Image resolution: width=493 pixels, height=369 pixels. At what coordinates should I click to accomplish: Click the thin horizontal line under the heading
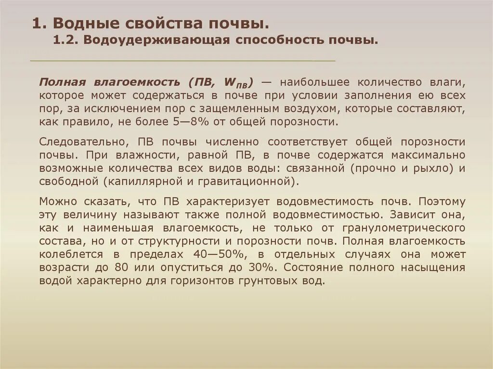pyautogui.click(x=182, y=61)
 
